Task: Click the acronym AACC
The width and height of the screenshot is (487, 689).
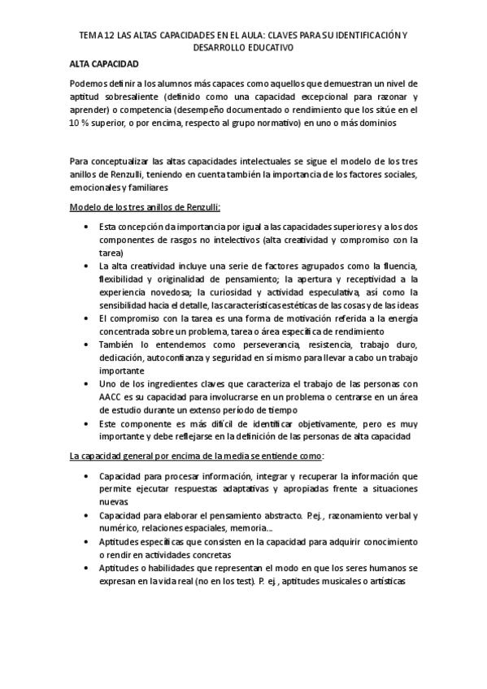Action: pyautogui.click(x=113, y=398)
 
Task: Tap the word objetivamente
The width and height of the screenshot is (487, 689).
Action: pyautogui.click(x=335, y=424)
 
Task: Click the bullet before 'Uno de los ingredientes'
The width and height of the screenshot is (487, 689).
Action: pyautogui.click(x=86, y=385)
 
